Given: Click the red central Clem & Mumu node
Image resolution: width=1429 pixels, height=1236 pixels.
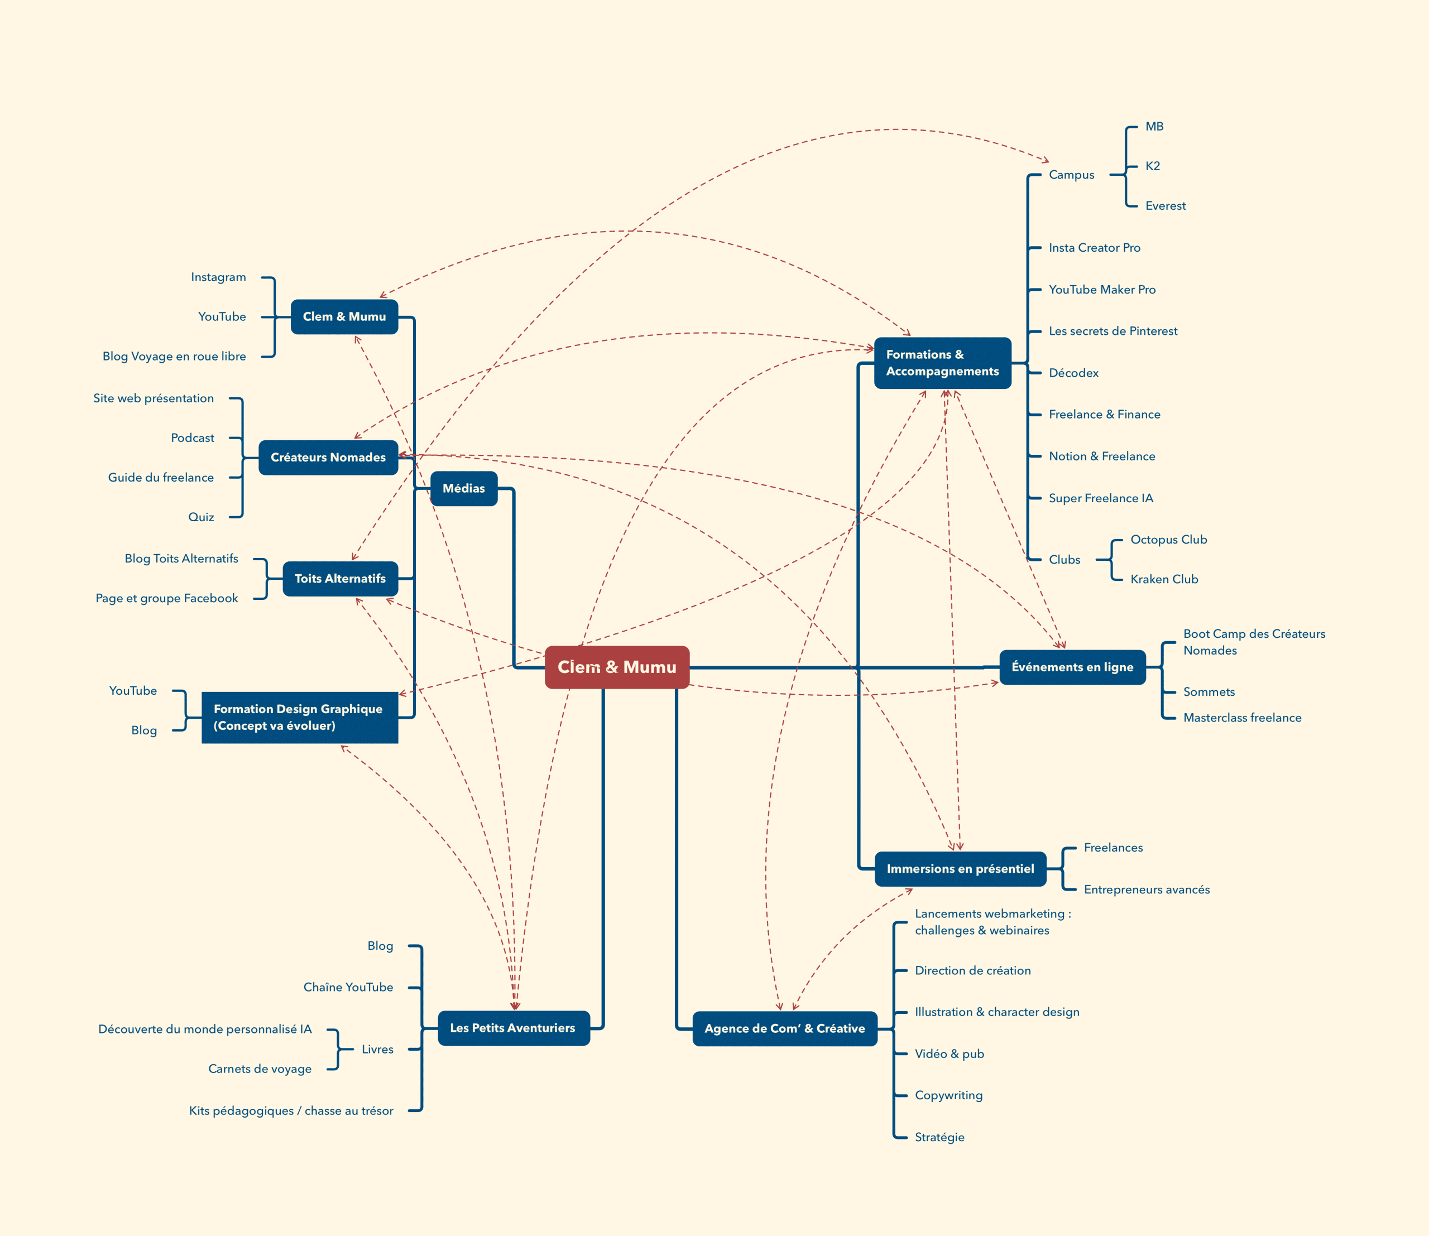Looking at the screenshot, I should click(x=617, y=667).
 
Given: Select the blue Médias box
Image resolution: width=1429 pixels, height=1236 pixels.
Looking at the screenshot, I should click(x=464, y=488).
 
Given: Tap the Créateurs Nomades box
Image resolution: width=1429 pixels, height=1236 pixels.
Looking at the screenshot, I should click(x=328, y=458).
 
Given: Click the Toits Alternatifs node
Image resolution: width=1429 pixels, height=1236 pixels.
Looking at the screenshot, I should click(x=340, y=579).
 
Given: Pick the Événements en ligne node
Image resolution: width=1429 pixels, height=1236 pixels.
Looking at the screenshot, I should click(x=1072, y=667).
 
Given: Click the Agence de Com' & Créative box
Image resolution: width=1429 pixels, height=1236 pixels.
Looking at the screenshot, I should click(x=784, y=1028).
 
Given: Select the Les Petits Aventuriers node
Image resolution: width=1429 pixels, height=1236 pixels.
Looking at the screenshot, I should click(x=512, y=1028).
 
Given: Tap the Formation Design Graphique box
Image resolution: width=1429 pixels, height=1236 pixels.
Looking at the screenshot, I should click(x=299, y=717).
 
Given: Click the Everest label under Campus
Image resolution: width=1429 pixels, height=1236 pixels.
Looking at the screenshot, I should click(x=1166, y=205).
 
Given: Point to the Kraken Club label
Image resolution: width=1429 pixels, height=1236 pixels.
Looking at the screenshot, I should click(x=1164, y=579).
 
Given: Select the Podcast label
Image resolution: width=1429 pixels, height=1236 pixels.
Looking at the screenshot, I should click(x=193, y=438).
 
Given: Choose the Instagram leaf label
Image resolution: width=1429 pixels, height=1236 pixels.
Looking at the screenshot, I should click(x=218, y=277).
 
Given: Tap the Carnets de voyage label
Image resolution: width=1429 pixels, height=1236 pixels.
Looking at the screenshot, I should click(x=260, y=1069).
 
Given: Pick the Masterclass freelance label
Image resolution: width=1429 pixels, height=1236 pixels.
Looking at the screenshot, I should click(x=1242, y=718).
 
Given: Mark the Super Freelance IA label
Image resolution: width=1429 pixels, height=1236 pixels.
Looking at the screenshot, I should click(x=1101, y=498).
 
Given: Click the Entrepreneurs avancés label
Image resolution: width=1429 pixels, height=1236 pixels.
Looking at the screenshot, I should click(x=1147, y=890).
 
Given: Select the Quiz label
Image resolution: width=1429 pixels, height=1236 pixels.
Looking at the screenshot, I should click(x=201, y=517).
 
